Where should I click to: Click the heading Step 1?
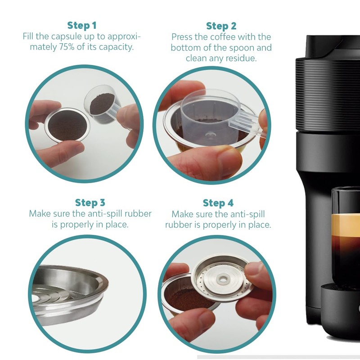point(82,26)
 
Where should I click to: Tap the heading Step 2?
point(221,26)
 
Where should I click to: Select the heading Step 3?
point(90,203)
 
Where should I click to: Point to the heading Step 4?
point(218,203)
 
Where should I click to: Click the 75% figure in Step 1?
point(67,47)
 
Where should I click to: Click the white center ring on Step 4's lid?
point(222,279)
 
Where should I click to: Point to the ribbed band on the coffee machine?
point(328,94)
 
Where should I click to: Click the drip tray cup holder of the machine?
point(340,310)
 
